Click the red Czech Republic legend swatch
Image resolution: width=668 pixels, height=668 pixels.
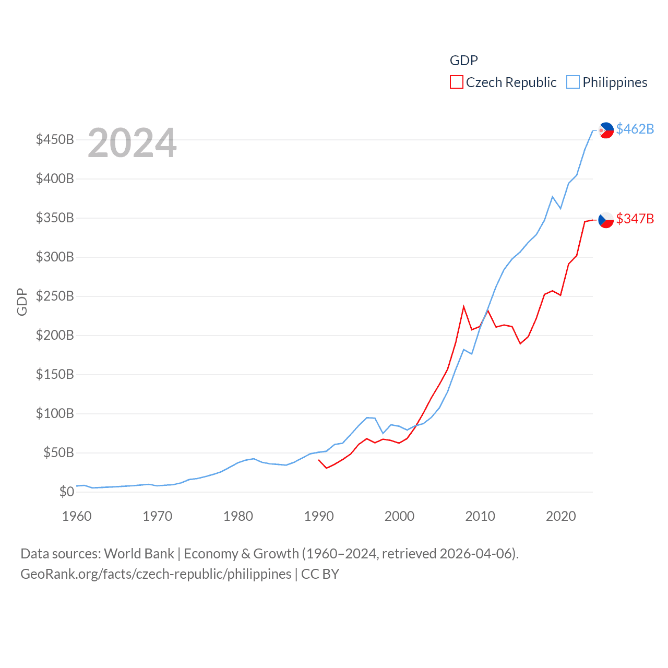pos(456,82)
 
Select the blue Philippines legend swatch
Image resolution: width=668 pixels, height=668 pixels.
pos(573,82)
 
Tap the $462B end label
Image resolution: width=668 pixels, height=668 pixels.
pos(635,129)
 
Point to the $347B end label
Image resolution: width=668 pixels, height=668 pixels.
pos(635,219)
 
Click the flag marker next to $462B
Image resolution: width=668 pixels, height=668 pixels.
pos(606,130)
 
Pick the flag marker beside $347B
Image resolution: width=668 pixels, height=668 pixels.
pos(606,220)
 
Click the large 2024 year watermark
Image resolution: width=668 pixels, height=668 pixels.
pos(132,143)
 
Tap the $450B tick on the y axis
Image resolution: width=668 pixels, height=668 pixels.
pos(55,140)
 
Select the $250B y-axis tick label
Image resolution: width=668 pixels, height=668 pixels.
pos(55,296)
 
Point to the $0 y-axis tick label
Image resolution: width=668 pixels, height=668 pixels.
pos(66,492)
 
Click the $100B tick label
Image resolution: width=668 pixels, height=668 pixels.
pos(55,414)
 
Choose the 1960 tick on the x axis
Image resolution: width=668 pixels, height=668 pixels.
pos(77,516)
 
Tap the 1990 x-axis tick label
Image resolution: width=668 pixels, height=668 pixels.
pos(319,516)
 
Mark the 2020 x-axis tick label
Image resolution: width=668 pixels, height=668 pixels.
pos(560,516)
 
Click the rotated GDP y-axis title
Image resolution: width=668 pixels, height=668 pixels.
pos(22,302)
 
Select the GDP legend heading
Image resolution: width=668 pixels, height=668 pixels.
pos(463,61)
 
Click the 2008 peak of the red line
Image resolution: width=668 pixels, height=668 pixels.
pos(463,306)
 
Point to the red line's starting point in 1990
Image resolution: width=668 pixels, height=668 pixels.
pos(319,460)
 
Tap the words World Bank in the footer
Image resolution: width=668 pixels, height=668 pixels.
pos(139,553)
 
